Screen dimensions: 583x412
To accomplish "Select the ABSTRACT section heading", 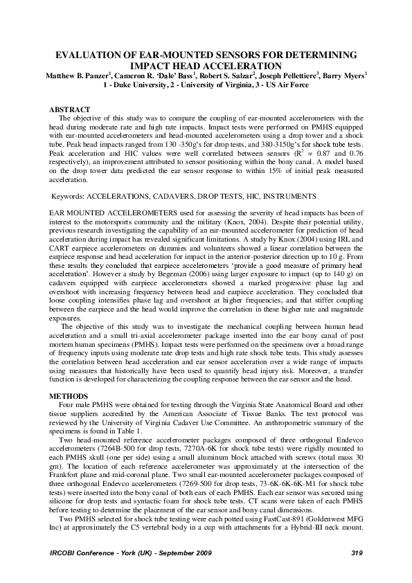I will click(71, 109).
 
